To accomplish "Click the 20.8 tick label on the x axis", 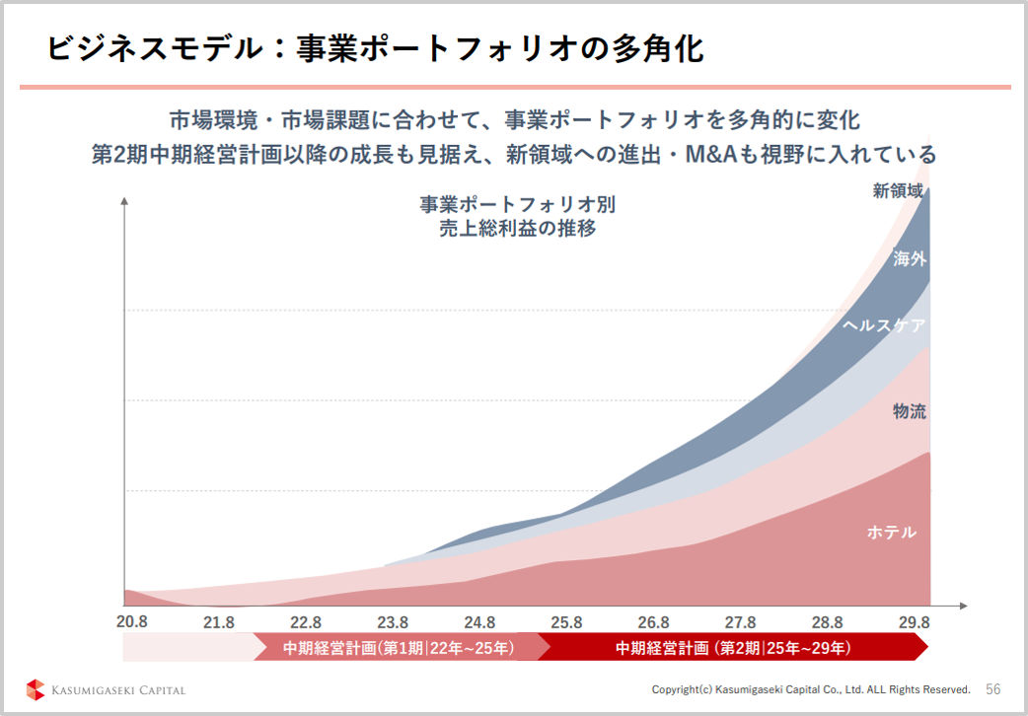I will [131, 622].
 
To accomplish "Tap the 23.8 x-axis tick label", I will [393, 622].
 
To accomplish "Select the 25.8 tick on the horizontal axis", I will [566, 622].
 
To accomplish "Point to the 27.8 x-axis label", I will [740, 622].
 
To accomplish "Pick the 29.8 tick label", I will [914, 622].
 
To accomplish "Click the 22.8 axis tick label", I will [306, 622].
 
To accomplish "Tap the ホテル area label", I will [891, 533].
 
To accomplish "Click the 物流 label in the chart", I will [909, 411].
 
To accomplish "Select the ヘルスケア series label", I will [884, 324].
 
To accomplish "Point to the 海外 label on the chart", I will [909, 259].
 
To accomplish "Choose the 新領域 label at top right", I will [897, 191].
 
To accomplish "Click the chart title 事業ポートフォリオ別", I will [517, 205].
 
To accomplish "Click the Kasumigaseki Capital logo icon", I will [36, 688].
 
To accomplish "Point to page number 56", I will [992, 688].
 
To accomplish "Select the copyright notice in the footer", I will [810, 688].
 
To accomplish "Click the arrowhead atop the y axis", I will [124, 202].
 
